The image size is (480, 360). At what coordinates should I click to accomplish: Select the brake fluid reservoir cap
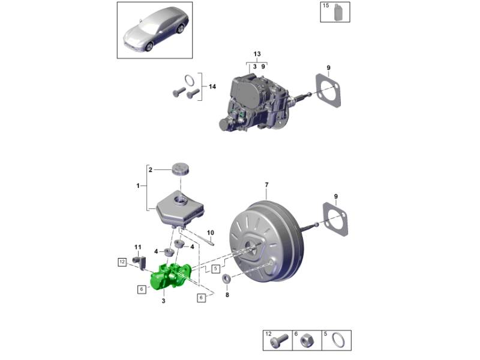click(181, 169)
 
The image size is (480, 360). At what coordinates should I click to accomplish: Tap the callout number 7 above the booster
click(266, 185)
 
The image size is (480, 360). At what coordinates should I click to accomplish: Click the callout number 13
click(257, 54)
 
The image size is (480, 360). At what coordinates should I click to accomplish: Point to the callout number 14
click(212, 86)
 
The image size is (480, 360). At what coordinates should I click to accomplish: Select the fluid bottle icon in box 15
click(338, 12)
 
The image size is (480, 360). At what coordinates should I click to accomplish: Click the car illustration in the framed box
click(156, 30)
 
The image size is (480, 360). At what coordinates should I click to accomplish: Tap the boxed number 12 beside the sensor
click(122, 262)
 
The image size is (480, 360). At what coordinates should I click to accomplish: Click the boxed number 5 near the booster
click(216, 269)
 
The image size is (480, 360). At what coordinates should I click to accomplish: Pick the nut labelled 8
click(226, 278)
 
